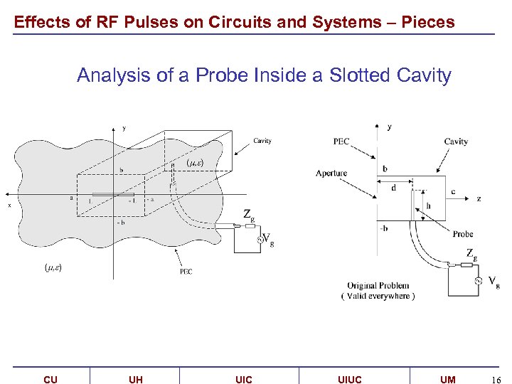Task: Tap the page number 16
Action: click(496, 380)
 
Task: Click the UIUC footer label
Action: click(349, 380)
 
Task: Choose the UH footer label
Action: click(136, 380)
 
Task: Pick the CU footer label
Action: click(50, 380)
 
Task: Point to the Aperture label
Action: click(331, 174)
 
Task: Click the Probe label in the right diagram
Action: click(463, 234)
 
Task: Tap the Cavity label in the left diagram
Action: click(262, 141)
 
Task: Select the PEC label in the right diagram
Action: click(341, 142)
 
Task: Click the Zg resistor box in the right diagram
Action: click(466, 265)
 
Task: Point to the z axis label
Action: click(479, 200)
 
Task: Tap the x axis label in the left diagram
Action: click(9, 206)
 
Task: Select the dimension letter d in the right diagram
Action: click(394, 188)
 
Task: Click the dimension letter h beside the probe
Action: click(428, 206)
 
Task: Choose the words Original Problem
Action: click(378, 286)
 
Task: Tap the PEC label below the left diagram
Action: click(186, 271)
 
